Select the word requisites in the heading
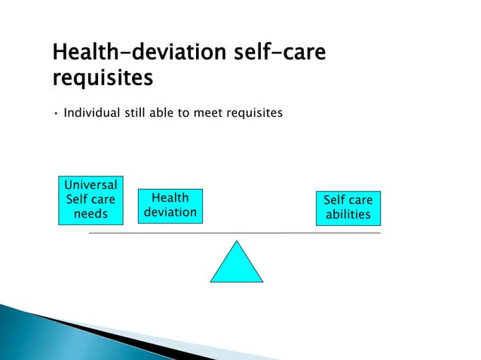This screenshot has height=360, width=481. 105,78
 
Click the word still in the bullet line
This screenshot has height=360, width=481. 138,114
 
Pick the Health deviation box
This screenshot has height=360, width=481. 170,206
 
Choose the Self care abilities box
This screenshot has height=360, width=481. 348,208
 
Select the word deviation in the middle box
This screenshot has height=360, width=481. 170,212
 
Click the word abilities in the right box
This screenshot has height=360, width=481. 348,215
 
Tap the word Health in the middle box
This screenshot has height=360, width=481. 170,199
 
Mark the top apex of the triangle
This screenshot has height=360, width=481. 237,243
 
